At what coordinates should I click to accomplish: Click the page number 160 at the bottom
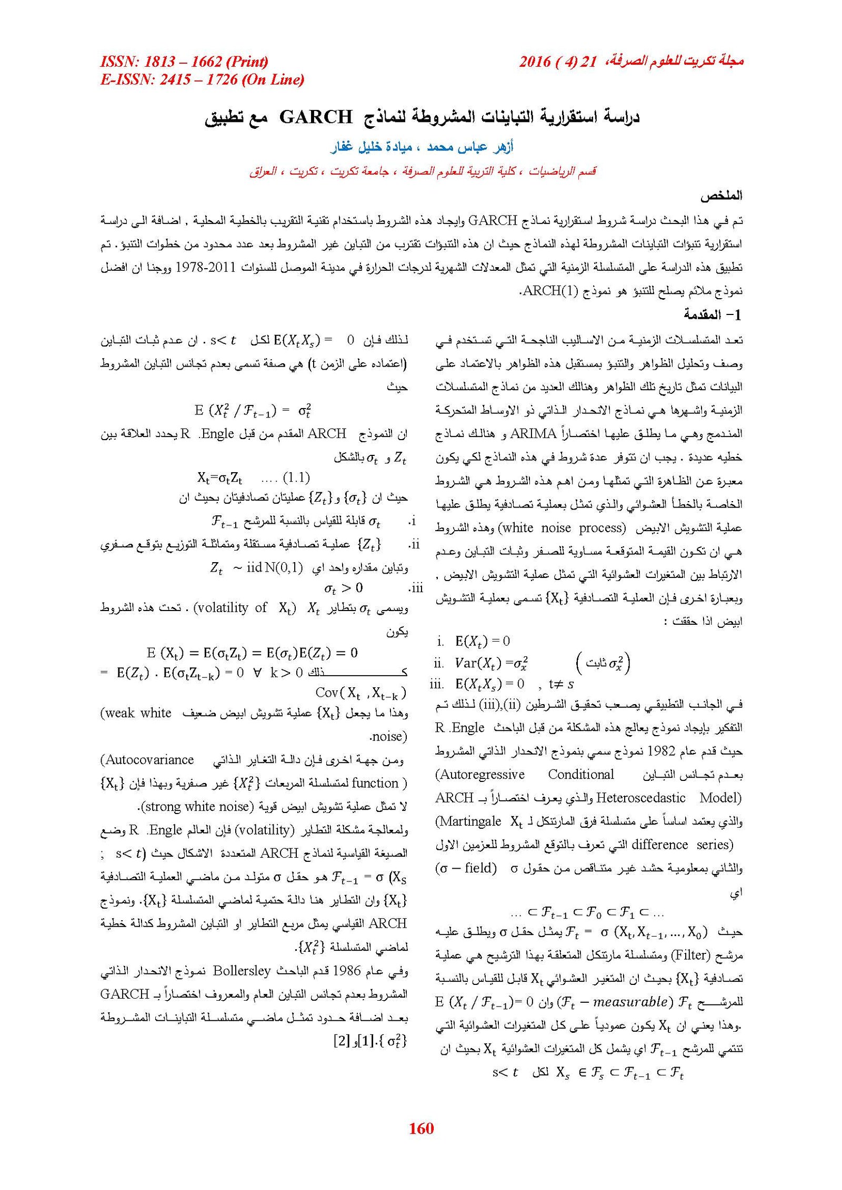click(421, 1128)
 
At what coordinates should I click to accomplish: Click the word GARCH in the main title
click(316, 116)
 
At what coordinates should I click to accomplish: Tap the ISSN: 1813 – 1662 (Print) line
click(184, 62)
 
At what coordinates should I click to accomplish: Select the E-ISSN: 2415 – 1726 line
click(202, 79)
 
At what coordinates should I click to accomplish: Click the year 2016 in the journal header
click(535, 62)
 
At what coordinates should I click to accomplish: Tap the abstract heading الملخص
click(721, 196)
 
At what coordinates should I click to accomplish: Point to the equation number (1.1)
click(296, 477)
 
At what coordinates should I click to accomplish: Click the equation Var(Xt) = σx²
click(492, 663)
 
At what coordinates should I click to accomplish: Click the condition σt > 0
click(343, 587)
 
